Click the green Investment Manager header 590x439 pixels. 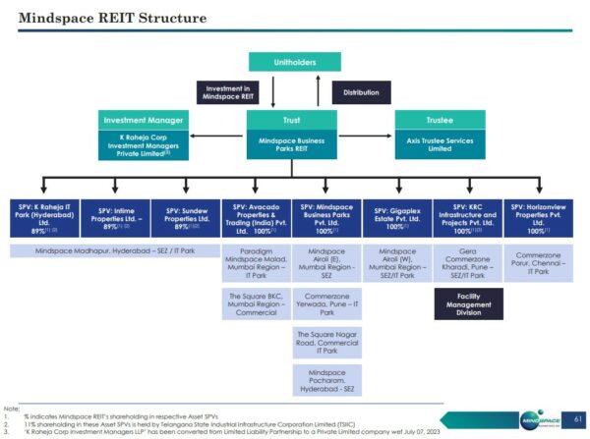tap(144, 120)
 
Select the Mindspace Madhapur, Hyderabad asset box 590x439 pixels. tap(116, 251)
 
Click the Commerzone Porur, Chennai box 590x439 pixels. tap(538, 262)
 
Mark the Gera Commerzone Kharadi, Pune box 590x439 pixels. tap(468, 263)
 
